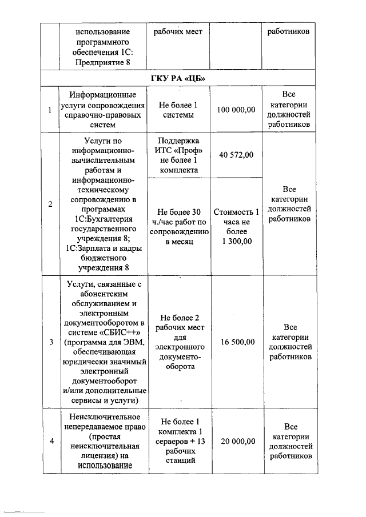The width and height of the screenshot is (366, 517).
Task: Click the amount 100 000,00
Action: point(236,110)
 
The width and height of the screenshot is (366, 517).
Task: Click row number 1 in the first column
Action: point(51,110)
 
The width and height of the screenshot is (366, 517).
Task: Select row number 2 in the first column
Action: point(51,205)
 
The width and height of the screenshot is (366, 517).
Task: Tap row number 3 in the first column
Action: point(51,342)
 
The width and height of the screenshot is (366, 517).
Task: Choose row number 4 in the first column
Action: point(51,441)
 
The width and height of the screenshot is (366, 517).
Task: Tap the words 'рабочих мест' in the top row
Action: point(178,31)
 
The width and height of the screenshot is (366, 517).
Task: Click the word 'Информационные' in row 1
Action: point(104,94)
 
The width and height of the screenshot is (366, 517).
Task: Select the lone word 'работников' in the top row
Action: point(290,31)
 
